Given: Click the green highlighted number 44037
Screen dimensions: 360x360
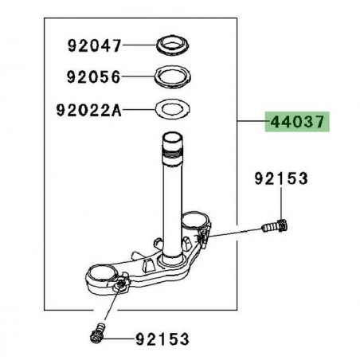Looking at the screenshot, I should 296,123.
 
